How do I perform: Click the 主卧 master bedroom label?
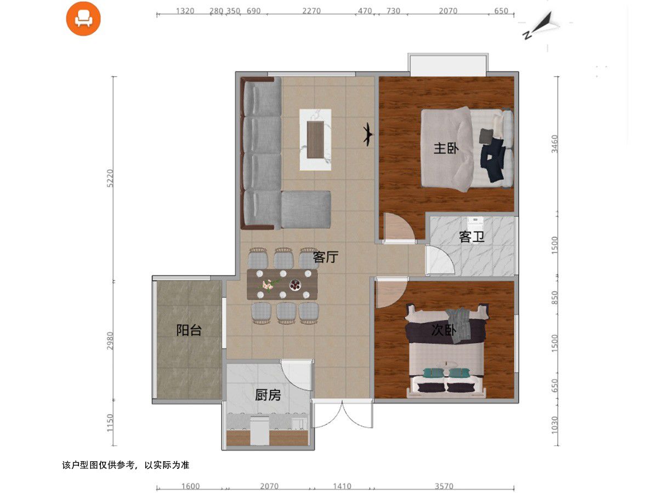pyautogui.click(x=446, y=148)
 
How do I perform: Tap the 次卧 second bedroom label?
pyautogui.click(x=444, y=330)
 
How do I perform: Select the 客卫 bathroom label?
pyautogui.click(x=472, y=237)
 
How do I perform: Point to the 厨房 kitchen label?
pyautogui.click(x=268, y=395)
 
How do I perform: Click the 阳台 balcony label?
pyautogui.click(x=189, y=330)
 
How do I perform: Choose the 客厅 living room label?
pyautogui.click(x=326, y=257)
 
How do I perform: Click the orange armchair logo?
pyautogui.click(x=83, y=19)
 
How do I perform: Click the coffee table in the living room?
pyautogui.click(x=315, y=140)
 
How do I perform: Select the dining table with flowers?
pyautogui.click(x=282, y=284)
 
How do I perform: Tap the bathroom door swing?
pyautogui.click(x=440, y=260)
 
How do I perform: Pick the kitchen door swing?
pyautogui.click(x=297, y=375)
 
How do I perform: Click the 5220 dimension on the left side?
pyautogui.click(x=110, y=178)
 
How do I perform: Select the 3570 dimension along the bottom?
pyautogui.click(x=444, y=486)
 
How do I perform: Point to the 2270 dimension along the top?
pyautogui.click(x=311, y=11)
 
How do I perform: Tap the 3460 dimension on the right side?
pyautogui.click(x=554, y=144)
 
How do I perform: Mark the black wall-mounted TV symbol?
pyautogui.click(x=368, y=135)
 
